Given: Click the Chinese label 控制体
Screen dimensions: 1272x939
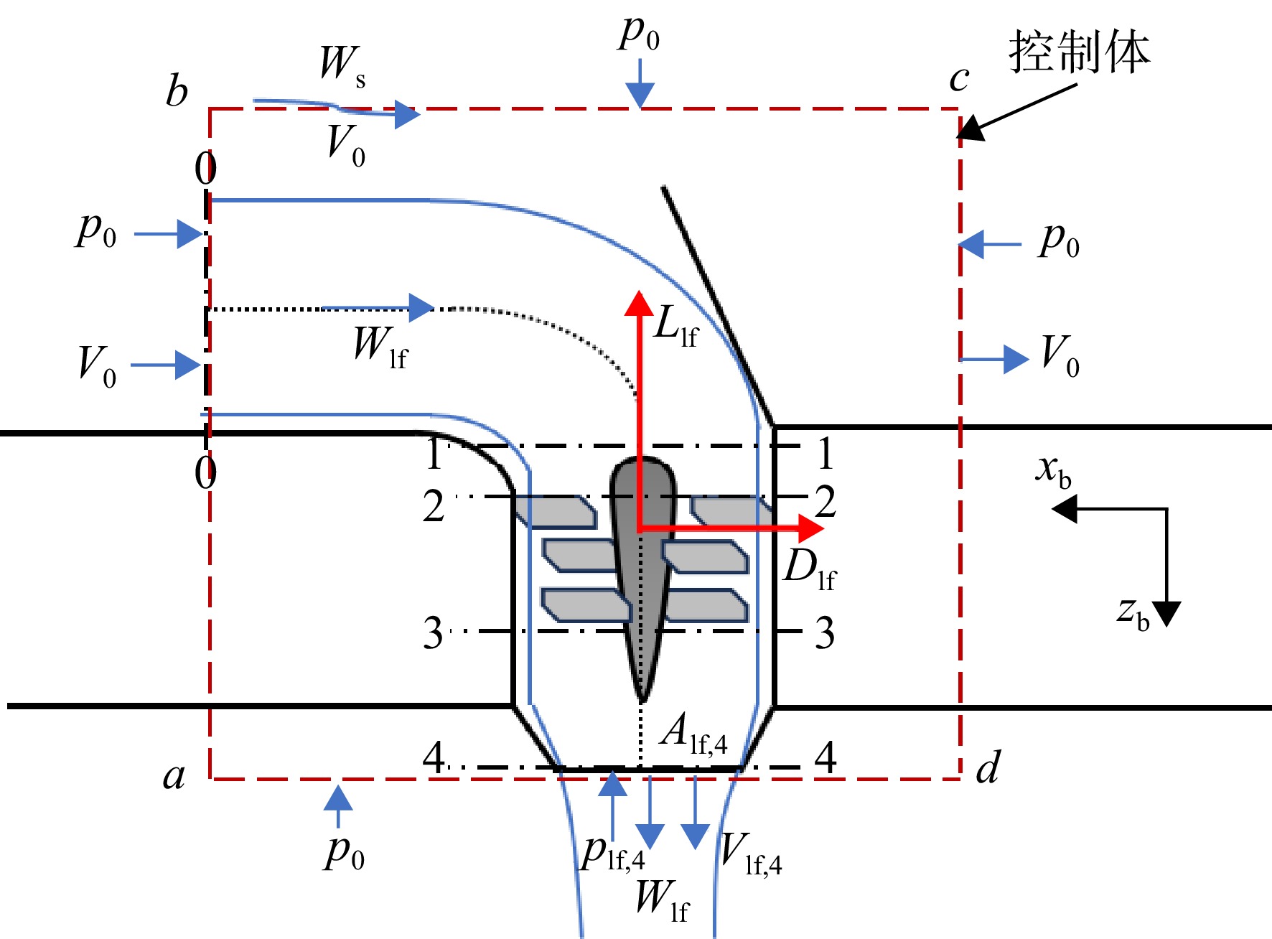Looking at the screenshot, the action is pos(1079,52).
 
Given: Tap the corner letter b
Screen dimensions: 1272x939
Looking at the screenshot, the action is pos(177,91).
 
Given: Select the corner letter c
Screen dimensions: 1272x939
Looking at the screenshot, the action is pos(959,79).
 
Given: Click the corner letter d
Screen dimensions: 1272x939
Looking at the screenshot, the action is pos(988,767).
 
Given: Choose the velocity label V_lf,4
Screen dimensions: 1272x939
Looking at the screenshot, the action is pos(751,854).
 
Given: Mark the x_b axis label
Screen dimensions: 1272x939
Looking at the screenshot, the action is pos(1053,471).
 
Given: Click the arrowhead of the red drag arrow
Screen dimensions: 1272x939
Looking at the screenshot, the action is pos(811,528).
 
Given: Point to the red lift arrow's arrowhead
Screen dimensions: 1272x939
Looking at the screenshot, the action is pos(638,303).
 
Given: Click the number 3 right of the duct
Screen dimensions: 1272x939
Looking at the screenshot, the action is pos(825,633).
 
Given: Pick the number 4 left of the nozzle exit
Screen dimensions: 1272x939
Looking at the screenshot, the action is pos(434,757).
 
